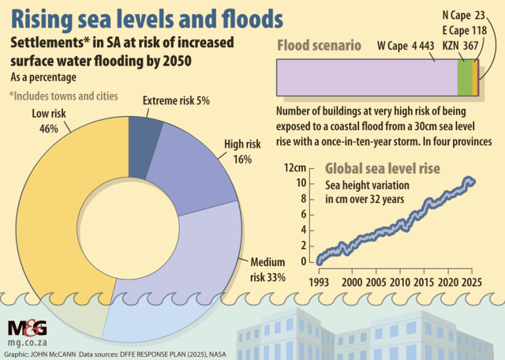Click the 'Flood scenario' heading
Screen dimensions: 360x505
(320, 46)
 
